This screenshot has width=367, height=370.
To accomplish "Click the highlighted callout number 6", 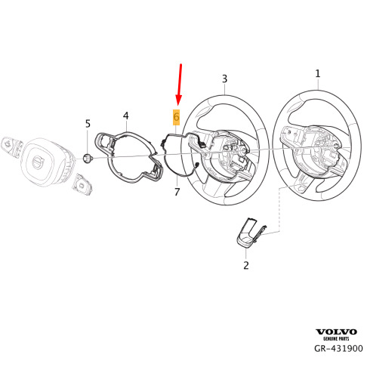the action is click(176, 117).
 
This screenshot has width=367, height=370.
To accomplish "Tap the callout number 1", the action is click(318, 74).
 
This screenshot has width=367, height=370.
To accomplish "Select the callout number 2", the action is click(246, 265).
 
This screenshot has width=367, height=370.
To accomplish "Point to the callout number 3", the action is click(224, 79).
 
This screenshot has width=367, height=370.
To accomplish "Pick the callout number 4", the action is click(126, 116).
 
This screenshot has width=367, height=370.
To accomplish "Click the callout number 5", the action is click(88, 124).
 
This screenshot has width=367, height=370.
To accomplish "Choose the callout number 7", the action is click(177, 192).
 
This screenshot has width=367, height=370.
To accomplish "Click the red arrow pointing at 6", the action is click(180, 85).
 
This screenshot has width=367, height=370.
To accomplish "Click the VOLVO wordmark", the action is click(336, 332).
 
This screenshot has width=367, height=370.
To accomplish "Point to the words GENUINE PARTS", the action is click(336, 339).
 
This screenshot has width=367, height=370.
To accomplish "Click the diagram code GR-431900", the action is click(338, 349).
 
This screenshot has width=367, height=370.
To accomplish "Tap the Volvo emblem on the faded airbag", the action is click(39, 161).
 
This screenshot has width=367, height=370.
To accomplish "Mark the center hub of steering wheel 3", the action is click(242, 152).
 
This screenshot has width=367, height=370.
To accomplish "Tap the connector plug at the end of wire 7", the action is click(196, 165).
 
